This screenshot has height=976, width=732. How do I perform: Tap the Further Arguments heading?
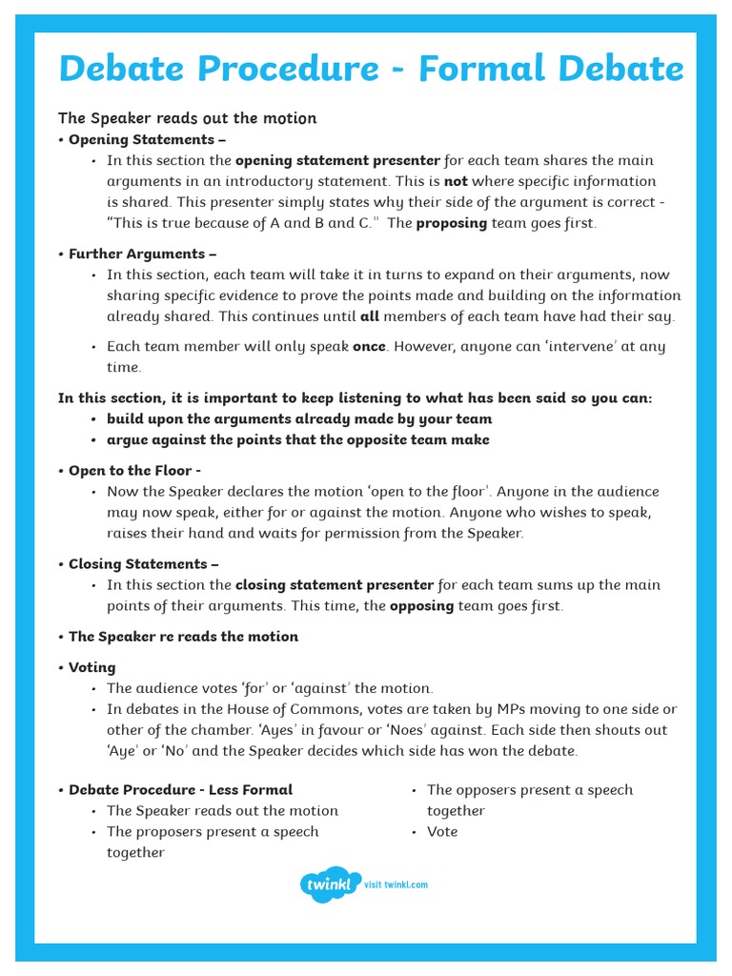(142, 254)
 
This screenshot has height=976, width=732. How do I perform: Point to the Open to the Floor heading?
(134, 471)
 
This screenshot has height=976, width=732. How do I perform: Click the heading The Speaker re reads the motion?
(183, 637)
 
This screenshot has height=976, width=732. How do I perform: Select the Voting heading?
(91, 667)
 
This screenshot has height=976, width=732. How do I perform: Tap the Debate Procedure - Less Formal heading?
(180, 789)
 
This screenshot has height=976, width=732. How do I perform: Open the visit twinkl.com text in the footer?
(396, 884)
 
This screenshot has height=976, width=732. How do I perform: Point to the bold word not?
(456, 181)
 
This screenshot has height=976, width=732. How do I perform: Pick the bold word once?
(369, 347)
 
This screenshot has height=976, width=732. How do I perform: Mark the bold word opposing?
(422, 606)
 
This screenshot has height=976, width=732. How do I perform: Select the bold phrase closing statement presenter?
(335, 585)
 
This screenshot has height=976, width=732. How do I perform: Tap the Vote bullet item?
(442, 832)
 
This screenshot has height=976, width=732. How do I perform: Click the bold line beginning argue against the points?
(297, 440)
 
